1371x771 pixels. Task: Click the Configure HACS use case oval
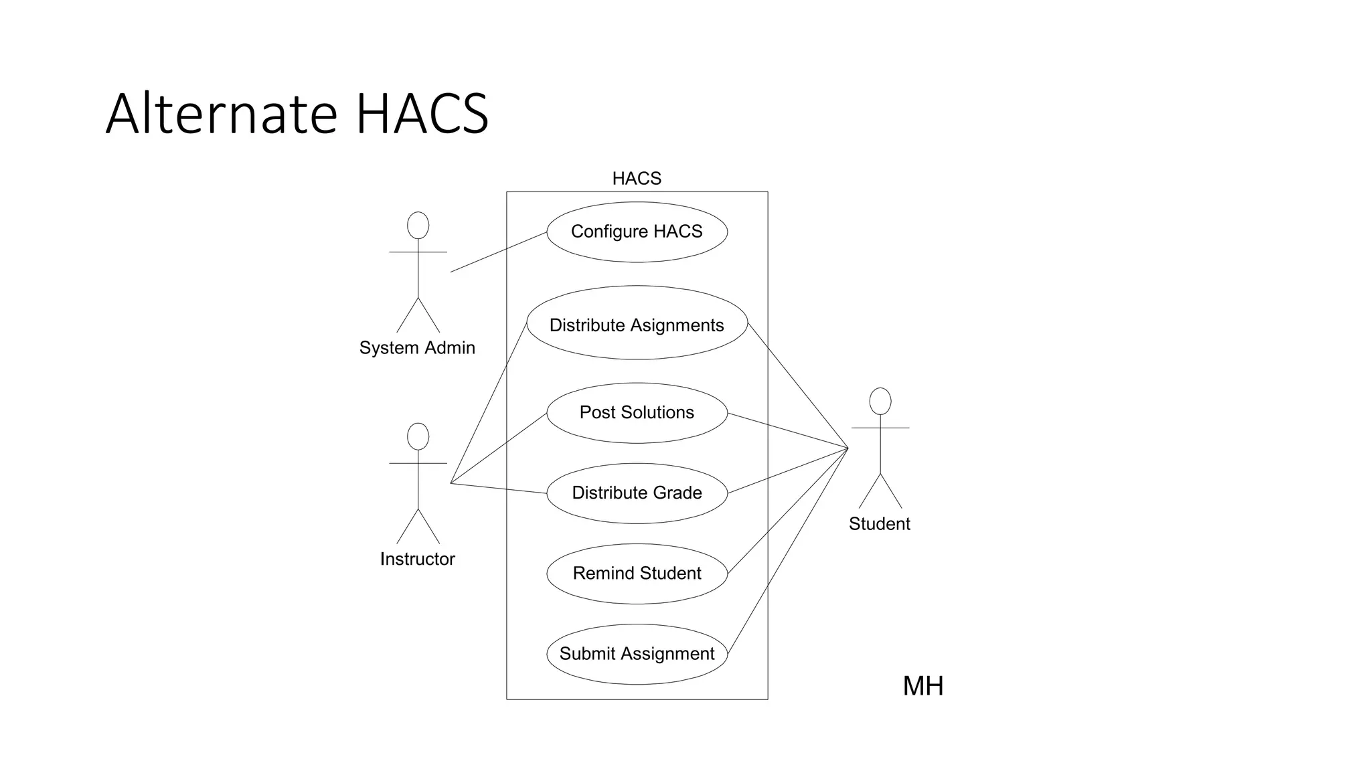pyautogui.click(x=637, y=232)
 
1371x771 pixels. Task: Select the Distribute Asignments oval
pyautogui.click(x=637, y=325)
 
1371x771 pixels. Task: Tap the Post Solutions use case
pyautogui.click(x=637, y=412)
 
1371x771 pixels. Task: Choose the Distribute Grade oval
pyautogui.click(x=637, y=493)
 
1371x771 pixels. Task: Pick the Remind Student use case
pyautogui.click(x=637, y=574)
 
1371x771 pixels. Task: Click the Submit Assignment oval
pyautogui.click(x=637, y=654)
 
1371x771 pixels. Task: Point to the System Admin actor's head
pyautogui.click(x=418, y=226)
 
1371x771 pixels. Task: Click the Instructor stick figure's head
pyautogui.click(x=418, y=436)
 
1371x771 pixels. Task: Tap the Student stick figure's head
pyautogui.click(x=880, y=401)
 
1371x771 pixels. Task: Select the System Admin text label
pyautogui.click(x=417, y=348)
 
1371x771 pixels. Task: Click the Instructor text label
pyautogui.click(x=417, y=559)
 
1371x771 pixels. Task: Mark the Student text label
pyautogui.click(x=879, y=524)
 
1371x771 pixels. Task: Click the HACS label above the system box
pyautogui.click(x=637, y=179)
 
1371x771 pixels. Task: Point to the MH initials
pyautogui.click(x=922, y=686)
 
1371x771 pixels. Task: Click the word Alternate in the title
pyautogui.click(x=221, y=114)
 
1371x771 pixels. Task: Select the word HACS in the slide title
pyautogui.click(x=422, y=114)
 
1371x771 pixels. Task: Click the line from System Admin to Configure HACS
pyautogui.click(x=499, y=252)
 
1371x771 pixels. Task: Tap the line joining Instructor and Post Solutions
pyautogui.click(x=499, y=448)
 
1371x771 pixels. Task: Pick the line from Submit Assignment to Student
pyautogui.click(x=788, y=551)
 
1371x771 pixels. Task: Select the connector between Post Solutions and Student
pyautogui.click(x=788, y=430)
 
